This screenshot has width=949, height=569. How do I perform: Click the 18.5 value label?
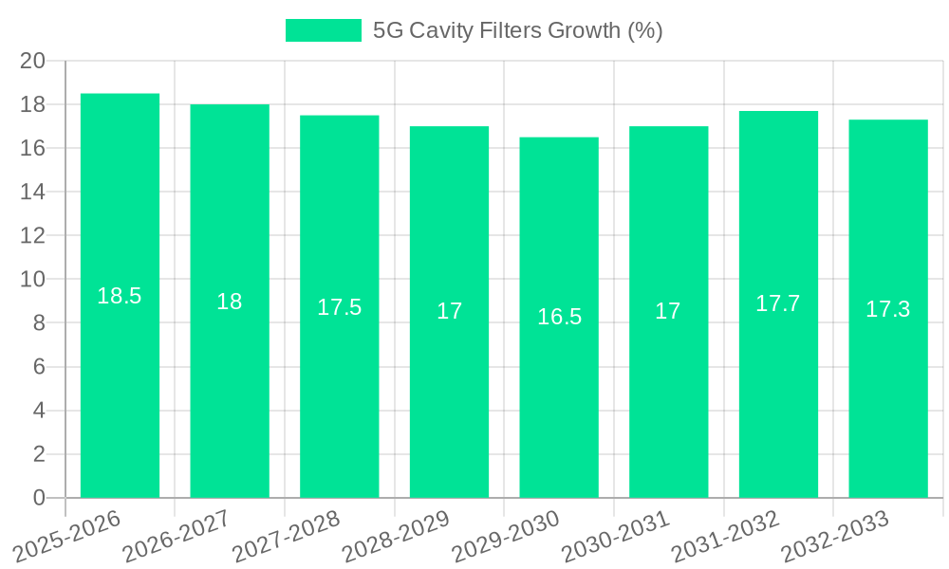click(x=120, y=296)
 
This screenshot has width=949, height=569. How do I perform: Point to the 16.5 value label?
click(x=559, y=318)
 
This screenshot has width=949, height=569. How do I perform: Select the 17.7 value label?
click(x=778, y=303)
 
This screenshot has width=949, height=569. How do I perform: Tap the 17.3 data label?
click(x=888, y=309)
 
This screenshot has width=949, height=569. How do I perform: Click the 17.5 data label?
click(x=340, y=307)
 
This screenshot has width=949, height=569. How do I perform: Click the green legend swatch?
click(x=324, y=30)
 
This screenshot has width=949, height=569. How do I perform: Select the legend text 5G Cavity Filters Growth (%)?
click(x=517, y=30)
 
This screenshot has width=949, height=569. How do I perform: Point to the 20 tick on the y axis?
click(x=33, y=61)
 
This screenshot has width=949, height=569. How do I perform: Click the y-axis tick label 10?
click(x=33, y=280)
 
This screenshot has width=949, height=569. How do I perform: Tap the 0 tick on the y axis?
click(x=39, y=498)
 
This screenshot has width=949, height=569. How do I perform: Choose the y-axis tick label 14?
click(x=33, y=193)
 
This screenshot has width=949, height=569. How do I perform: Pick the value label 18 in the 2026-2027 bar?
click(x=230, y=302)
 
